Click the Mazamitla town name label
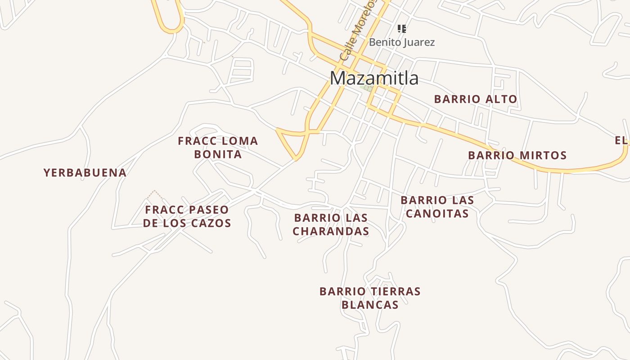[374, 78]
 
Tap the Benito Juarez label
[402, 42]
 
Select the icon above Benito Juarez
[402, 29]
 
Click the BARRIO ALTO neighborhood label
[476, 99]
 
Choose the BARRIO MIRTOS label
[517, 156]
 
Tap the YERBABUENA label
[85, 173]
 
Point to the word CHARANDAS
[331, 231]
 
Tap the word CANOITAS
[437, 213]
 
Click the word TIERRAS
[396, 292]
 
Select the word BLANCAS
[370, 305]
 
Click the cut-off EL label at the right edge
[621, 141]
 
